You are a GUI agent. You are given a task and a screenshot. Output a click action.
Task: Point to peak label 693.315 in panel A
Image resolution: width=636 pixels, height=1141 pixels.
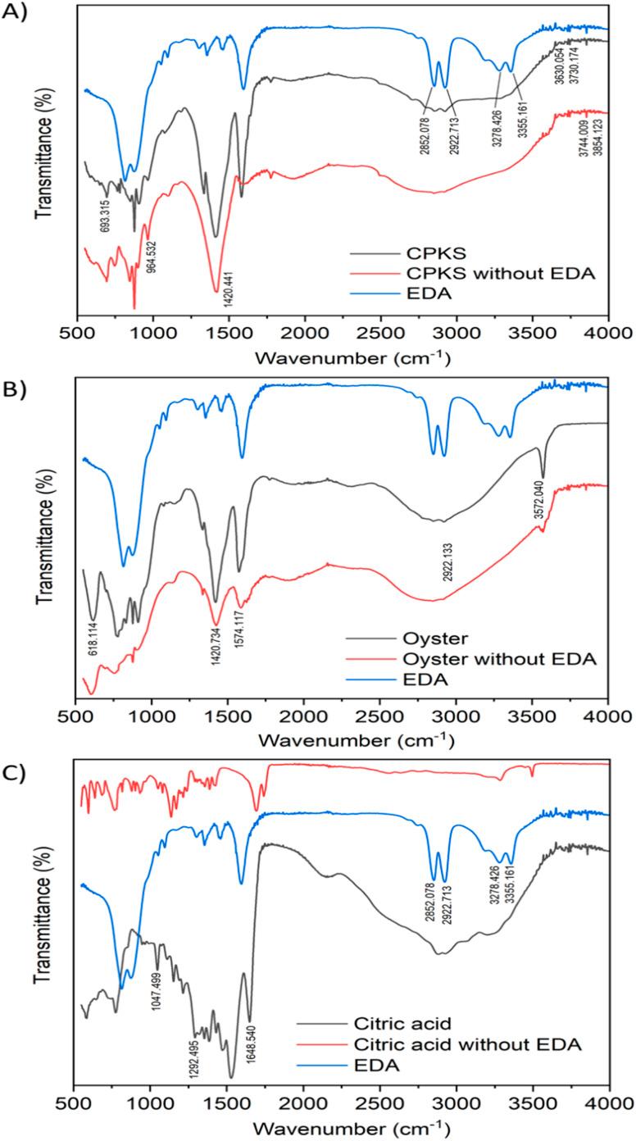[106, 220]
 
